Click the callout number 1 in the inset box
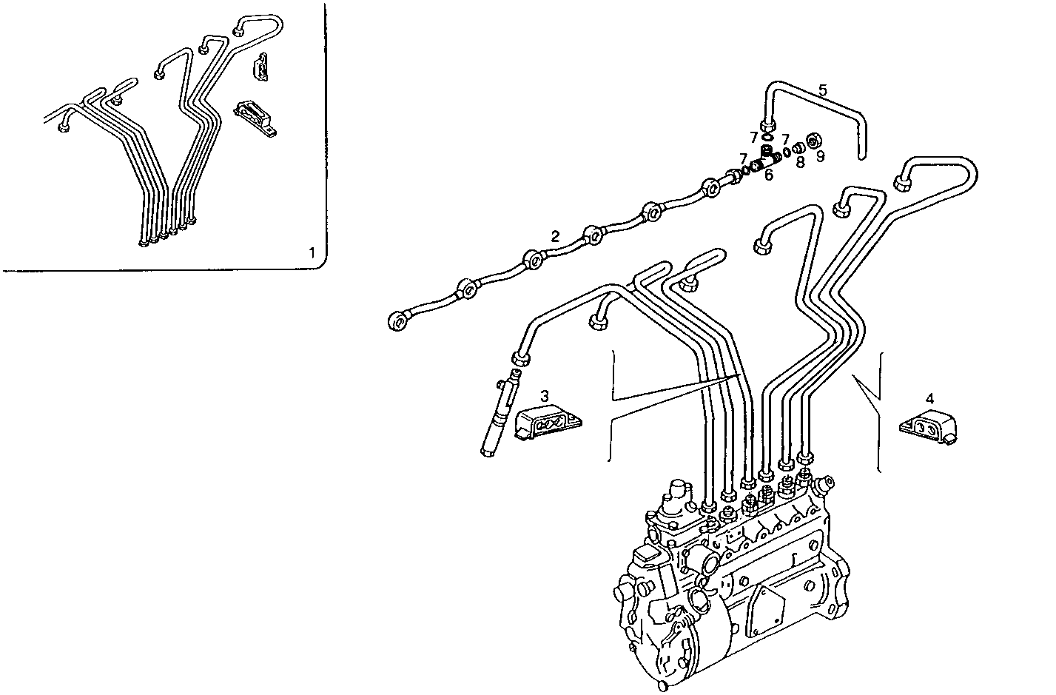(312, 253)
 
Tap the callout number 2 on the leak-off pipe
(554, 236)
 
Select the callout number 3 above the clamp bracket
(544, 395)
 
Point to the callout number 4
(929, 399)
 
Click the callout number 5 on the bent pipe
(822, 90)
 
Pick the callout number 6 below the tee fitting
(768, 175)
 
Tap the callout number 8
(800, 161)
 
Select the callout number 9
(820, 156)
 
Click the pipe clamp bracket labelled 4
(929, 428)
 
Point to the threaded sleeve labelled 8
(798, 148)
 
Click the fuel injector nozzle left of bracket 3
(496, 418)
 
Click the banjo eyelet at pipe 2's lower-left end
(398, 320)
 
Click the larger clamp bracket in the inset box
(255, 117)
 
